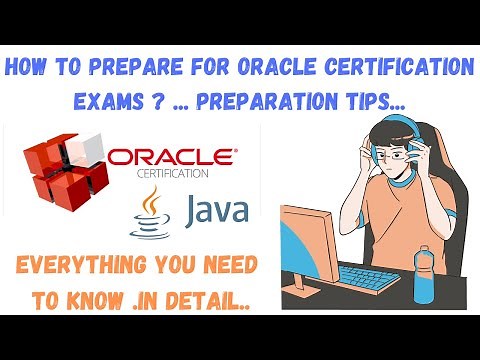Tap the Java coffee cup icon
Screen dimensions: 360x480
142,211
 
